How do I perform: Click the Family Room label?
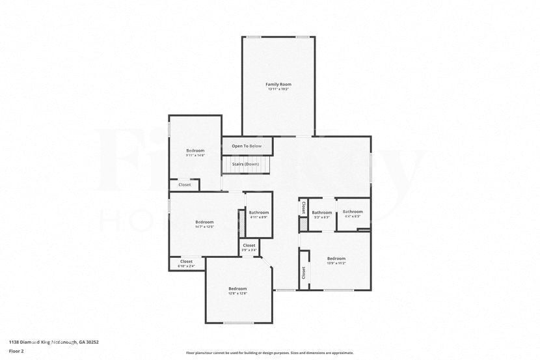(x=278, y=84)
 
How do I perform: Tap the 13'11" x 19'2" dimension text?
(x=278, y=89)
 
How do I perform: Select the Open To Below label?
(x=247, y=146)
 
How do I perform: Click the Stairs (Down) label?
(x=245, y=164)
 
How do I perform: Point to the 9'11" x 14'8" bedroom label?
(x=195, y=150)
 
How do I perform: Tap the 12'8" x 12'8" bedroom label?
(x=237, y=288)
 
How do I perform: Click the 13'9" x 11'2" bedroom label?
(x=336, y=258)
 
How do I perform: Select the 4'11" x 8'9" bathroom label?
(x=258, y=213)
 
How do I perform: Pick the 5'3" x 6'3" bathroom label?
(x=321, y=213)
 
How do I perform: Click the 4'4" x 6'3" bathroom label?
(x=353, y=212)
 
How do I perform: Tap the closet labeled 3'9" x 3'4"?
(x=249, y=245)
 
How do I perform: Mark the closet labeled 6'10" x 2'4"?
(x=186, y=262)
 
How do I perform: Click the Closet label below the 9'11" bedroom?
(x=185, y=185)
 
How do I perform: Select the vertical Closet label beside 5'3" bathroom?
(x=303, y=208)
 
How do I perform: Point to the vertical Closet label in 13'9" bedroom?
(x=303, y=272)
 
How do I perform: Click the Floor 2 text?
(x=16, y=351)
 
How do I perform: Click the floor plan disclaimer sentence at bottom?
(x=269, y=353)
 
